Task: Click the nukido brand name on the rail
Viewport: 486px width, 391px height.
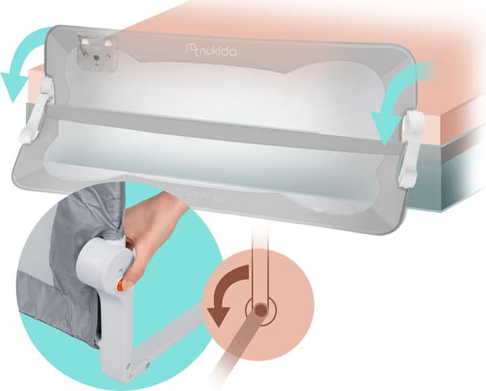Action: pyautogui.click(x=216, y=51)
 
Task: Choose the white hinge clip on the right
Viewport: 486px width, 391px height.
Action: pyautogui.click(x=411, y=148)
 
